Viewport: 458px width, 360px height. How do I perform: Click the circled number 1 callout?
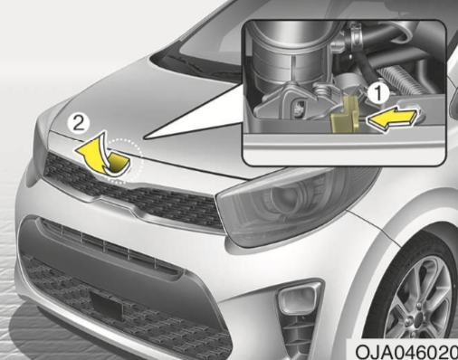(378, 93)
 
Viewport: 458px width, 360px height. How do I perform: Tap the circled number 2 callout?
(79, 124)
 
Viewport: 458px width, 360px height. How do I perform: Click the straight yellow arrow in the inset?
(393, 118)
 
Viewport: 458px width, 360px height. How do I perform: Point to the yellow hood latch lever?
(345, 116)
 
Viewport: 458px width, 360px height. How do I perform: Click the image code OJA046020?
(406, 351)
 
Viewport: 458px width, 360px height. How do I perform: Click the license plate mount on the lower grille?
(107, 304)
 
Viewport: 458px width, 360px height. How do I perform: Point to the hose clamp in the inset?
(354, 35)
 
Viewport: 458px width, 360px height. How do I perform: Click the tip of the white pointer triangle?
(144, 138)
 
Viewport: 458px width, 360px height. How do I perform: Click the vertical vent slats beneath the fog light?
(299, 332)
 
